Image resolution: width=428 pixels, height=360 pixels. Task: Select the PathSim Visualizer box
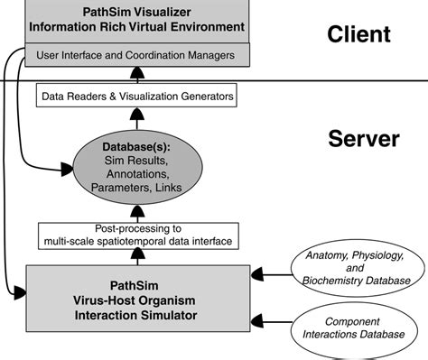coord(136,20)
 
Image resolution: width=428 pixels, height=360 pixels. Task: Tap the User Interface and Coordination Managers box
coord(136,56)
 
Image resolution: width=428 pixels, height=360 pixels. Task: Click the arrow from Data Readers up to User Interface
coord(135,76)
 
